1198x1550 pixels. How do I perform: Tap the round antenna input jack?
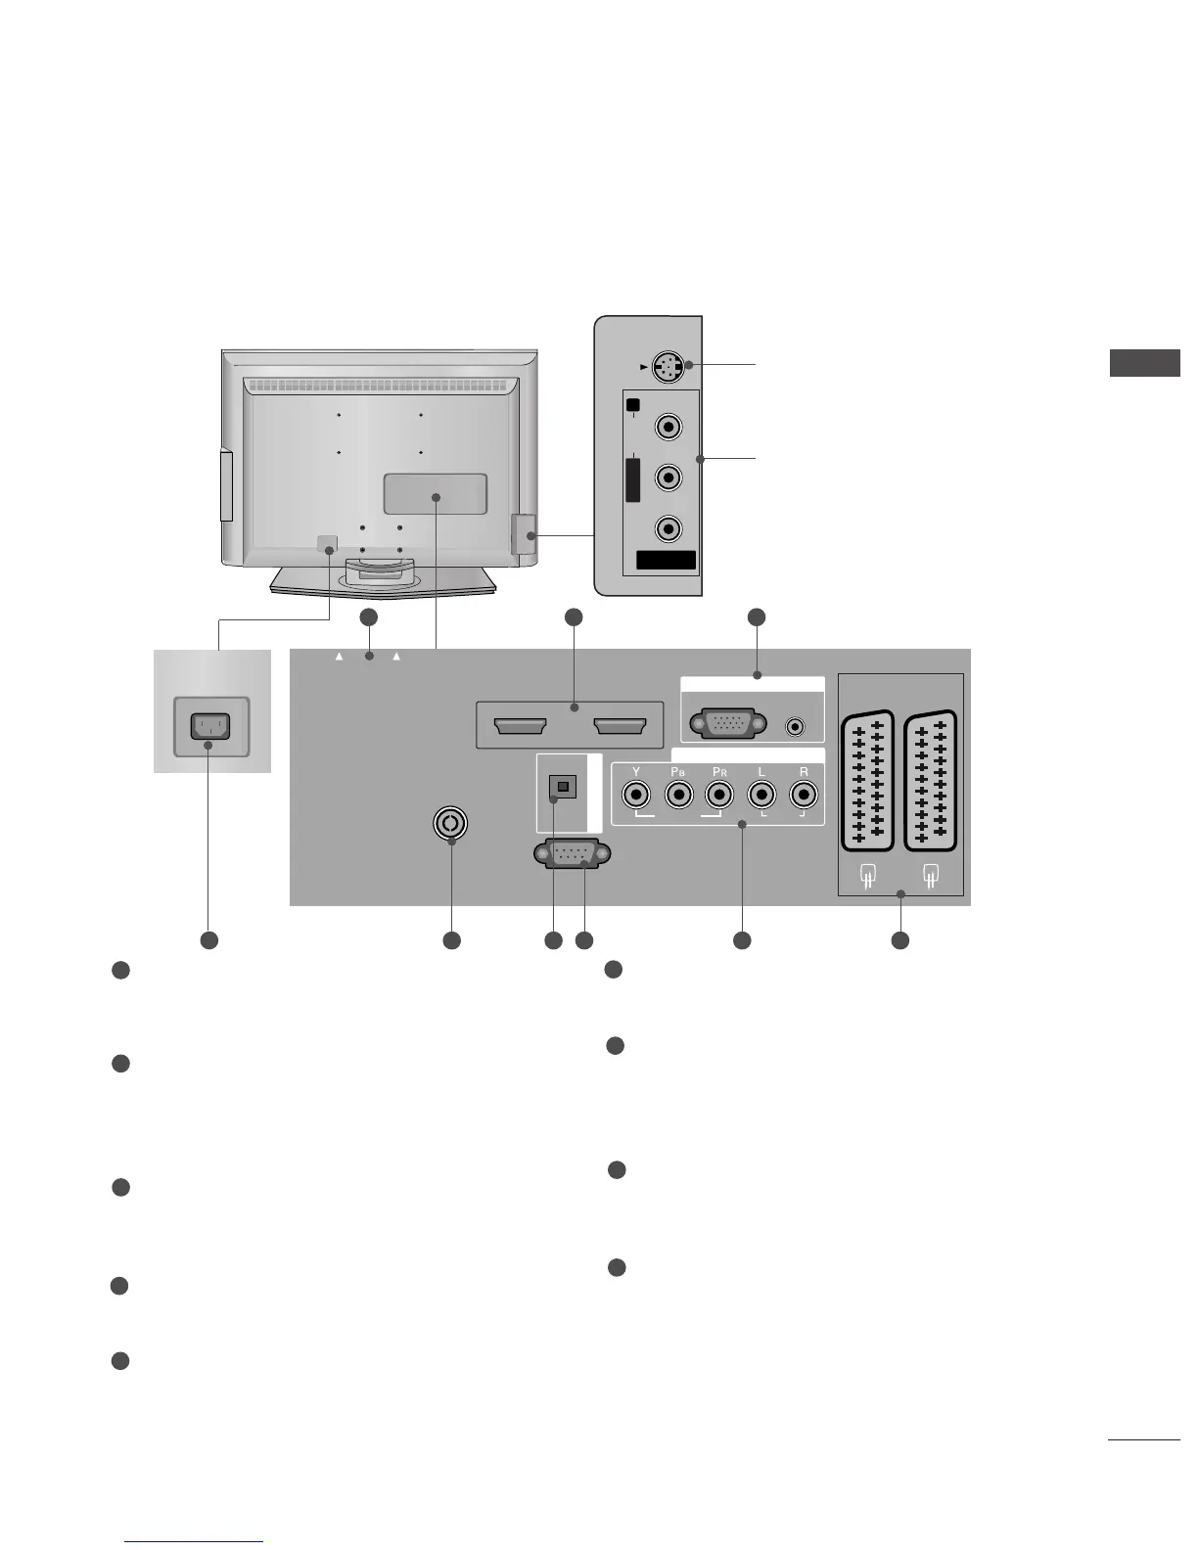click(450, 823)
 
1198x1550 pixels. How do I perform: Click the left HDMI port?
click(521, 726)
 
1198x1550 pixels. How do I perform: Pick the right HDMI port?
click(619, 726)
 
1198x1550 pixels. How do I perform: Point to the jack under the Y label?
click(636, 794)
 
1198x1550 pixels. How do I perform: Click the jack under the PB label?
click(678, 794)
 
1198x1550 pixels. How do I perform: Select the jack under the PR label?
click(720, 794)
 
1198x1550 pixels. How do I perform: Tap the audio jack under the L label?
click(762, 794)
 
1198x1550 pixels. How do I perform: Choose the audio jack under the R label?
click(805, 794)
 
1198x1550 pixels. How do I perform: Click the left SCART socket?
click(867, 781)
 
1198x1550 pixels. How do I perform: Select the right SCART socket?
click(931, 781)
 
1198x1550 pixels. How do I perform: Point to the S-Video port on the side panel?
click(668, 367)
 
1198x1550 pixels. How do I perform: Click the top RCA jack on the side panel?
click(668, 427)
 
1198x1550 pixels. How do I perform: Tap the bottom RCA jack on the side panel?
click(668, 528)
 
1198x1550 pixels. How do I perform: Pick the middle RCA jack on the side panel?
click(668, 478)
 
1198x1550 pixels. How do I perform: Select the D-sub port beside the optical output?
click(569, 854)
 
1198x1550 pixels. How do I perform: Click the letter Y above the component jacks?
click(636, 772)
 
